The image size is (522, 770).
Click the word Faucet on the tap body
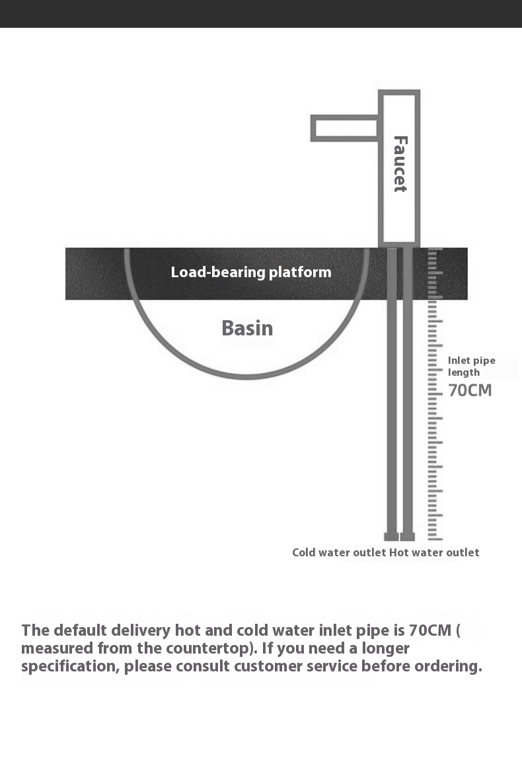coord(400,164)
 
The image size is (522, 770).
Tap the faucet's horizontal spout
coord(344,128)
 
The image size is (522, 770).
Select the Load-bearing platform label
coord(250,272)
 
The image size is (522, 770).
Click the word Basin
coord(247,328)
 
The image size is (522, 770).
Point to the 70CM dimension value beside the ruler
coord(470,390)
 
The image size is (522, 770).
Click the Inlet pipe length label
coord(472,366)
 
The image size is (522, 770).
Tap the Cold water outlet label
coord(339,552)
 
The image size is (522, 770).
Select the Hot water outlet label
coord(434,552)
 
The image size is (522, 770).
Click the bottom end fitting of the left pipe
coord(391,536)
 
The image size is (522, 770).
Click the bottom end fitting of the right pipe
coord(408,536)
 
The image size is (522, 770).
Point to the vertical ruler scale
coord(435,394)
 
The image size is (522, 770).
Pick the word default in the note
coord(80,630)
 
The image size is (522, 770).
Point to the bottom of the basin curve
coord(246,376)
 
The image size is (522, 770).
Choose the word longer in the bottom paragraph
coord(385,649)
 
